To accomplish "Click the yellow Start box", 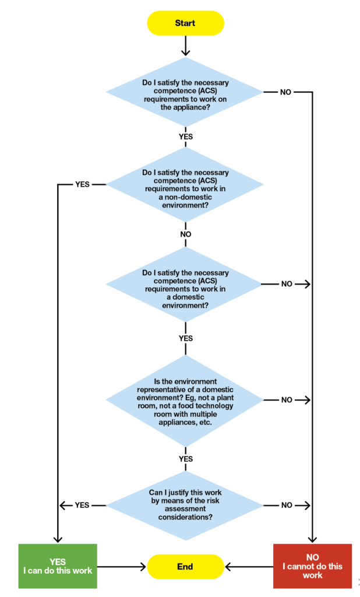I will pyautogui.click(x=185, y=23).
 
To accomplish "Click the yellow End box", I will pyautogui.click(x=185, y=566).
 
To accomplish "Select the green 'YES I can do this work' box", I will pyautogui.click(x=57, y=566).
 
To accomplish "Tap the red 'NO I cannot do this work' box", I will pyautogui.click(x=312, y=566).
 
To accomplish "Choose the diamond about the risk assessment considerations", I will pyautogui.click(x=185, y=505).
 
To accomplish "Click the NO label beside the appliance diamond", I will pyautogui.click(x=286, y=92).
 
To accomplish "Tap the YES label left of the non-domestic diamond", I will pyautogui.click(x=83, y=184).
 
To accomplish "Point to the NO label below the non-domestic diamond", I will pyautogui.click(x=185, y=234).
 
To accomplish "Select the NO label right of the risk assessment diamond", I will pyautogui.click(x=286, y=505).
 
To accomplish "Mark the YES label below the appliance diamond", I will pyautogui.click(x=185, y=136).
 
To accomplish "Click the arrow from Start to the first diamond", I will pyautogui.click(x=185, y=45).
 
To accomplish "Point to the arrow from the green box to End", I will pyautogui.click(x=121, y=566).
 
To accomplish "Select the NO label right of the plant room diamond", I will pyautogui.click(x=286, y=401).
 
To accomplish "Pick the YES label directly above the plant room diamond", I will pyautogui.click(x=185, y=338).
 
